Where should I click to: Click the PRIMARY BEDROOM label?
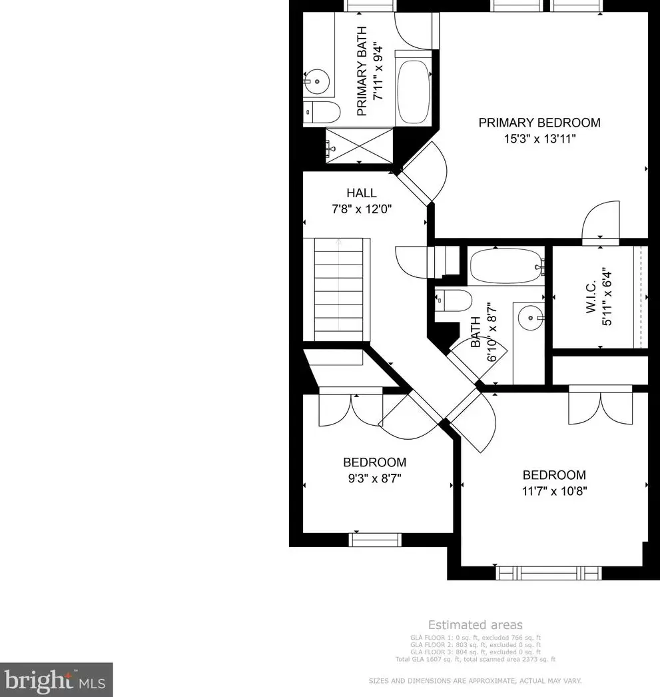(539, 123)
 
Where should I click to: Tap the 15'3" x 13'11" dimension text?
(539, 139)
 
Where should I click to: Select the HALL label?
(361, 193)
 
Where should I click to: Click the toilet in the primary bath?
(316, 113)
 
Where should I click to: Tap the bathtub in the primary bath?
(415, 92)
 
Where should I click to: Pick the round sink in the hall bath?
(531, 319)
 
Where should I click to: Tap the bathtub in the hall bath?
(506, 267)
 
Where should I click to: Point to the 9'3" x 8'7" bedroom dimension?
(374, 478)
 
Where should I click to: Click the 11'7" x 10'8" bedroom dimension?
(554, 491)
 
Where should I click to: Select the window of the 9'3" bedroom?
(376, 540)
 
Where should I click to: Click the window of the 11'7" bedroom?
(547, 572)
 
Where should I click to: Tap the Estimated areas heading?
(475, 625)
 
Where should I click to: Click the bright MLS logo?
(56, 680)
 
